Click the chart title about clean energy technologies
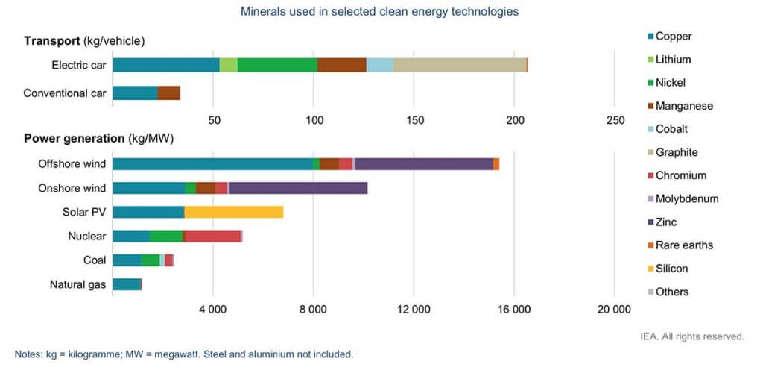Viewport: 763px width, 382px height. click(x=380, y=12)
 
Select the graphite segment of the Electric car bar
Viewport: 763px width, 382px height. click(x=459, y=65)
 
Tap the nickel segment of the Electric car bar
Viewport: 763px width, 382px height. click(x=277, y=65)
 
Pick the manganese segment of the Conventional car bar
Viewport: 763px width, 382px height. click(x=168, y=93)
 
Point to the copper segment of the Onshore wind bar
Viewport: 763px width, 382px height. click(x=148, y=188)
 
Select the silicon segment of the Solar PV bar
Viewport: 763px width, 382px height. click(x=233, y=212)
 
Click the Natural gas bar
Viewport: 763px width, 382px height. click(x=127, y=284)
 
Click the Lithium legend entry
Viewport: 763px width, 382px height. click(x=673, y=59)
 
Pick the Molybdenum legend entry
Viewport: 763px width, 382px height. click(x=686, y=198)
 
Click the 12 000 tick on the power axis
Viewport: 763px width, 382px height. click(x=414, y=310)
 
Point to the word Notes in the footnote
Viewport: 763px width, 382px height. click(x=28, y=354)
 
